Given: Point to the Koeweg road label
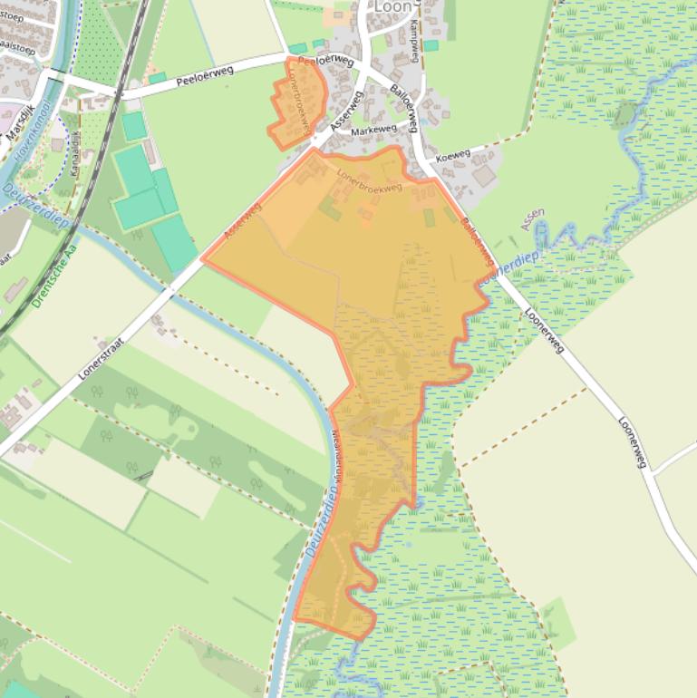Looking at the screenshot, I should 452,156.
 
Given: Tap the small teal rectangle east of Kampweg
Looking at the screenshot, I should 431,45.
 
